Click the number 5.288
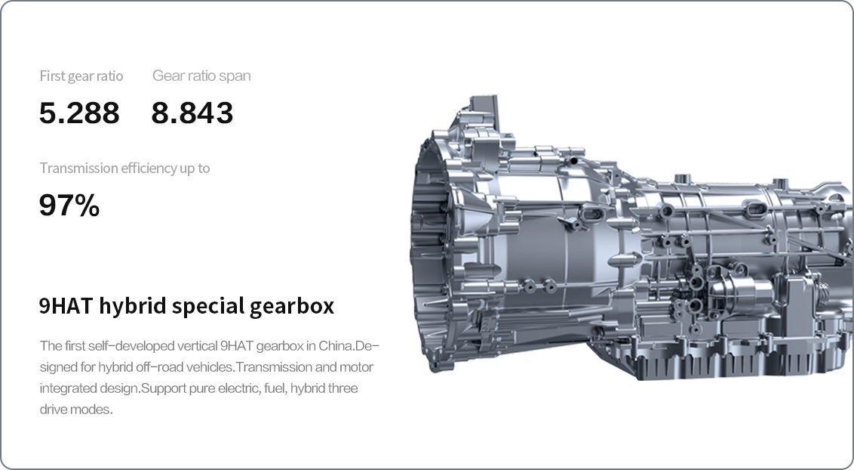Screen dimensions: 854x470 (79, 113)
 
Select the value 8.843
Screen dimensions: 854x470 (192, 113)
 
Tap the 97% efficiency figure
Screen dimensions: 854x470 (69, 206)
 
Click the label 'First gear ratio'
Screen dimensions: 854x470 (81, 76)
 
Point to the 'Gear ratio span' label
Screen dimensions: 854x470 (201, 76)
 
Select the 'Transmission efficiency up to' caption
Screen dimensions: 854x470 (124, 168)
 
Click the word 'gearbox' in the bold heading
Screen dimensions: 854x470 (292, 306)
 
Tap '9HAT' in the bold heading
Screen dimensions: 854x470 (65, 306)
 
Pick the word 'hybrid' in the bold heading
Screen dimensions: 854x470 (132, 306)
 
